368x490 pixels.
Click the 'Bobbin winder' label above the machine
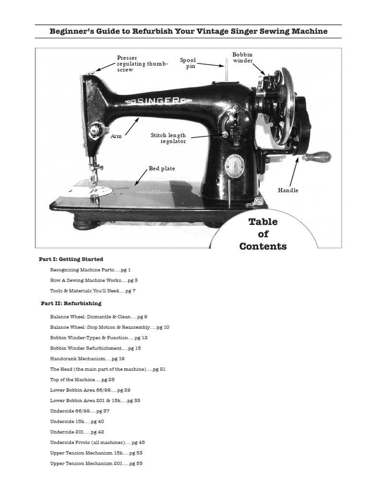click(x=242, y=57)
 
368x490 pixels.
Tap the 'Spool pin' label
click(x=188, y=63)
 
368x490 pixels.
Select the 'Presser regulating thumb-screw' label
click(x=143, y=64)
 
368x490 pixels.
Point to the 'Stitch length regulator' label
click(x=168, y=138)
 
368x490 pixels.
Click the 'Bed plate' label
click(x=161, y=168)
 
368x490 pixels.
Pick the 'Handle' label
click(x=288, y=190)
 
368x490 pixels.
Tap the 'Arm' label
click(x=116, y=136)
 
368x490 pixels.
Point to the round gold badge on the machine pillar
click(x=235, y=166)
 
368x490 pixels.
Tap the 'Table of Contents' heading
click(x=263, y=234)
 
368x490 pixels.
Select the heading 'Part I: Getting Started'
click(x=71, y=259)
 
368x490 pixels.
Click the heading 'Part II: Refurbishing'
click(x=71, y=303)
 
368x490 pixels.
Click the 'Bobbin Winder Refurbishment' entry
click(x=95, y=348)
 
